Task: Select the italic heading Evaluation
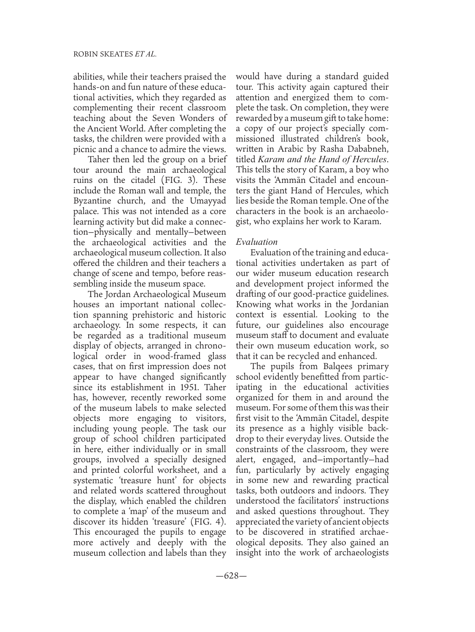point(257,242)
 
